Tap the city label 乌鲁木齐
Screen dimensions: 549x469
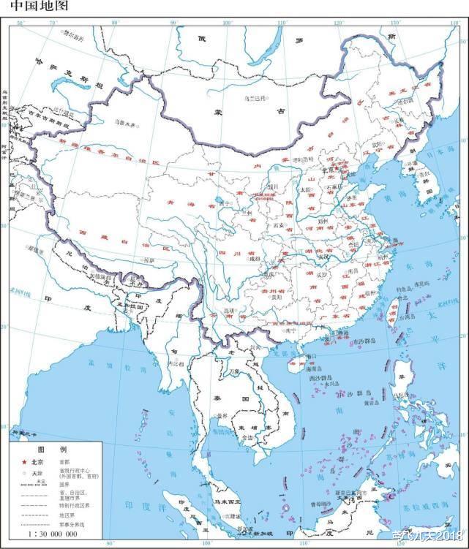coord(126,124)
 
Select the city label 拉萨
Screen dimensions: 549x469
coord(149,260)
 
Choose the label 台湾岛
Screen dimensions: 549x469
coord(391,318)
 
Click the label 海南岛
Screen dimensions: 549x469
coord(296,363)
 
